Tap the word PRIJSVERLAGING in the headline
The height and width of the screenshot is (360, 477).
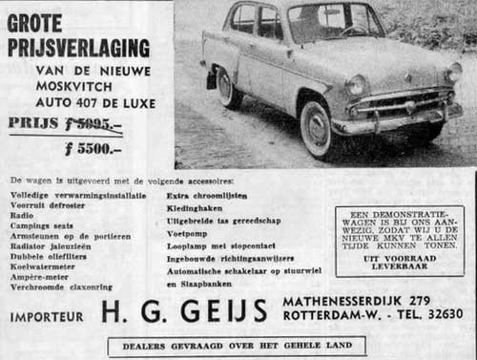79,47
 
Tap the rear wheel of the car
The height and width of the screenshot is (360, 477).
228,88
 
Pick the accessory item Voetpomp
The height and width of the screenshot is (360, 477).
188,231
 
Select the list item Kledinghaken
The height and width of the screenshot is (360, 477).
195,206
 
